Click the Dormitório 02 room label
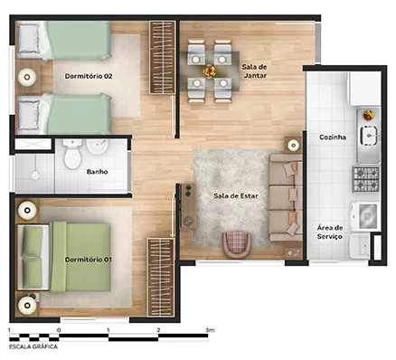[89, 76]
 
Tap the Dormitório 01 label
[89, 260]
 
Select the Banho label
[97, 172]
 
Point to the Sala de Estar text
[236, 196]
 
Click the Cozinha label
[333, 137]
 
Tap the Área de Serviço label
[330, 232]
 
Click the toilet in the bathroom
[72, 154]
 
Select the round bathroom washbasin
[98, 146]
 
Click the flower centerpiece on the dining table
[210, 71]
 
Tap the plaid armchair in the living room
[237, 244]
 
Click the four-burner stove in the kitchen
[366, 179]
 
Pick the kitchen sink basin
[369, 136]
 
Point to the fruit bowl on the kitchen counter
[368, 115]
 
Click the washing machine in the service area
[364, 215]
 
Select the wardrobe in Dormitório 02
[163, 57]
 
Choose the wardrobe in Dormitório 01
[161, 278]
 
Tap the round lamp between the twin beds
[27, 77]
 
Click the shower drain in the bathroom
[35, 175]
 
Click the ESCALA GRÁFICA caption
[33, 346]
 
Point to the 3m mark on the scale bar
[210, 330]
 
